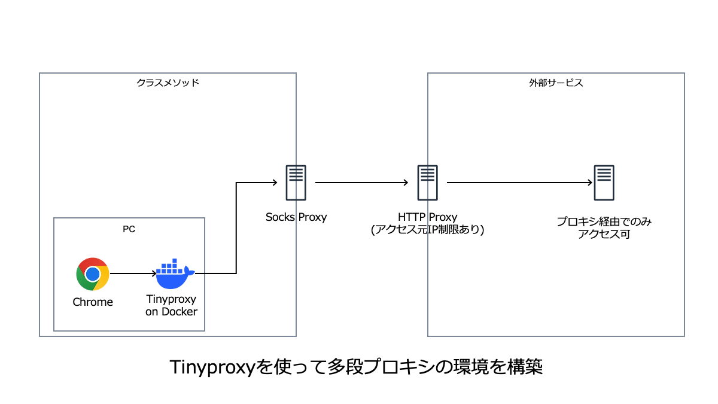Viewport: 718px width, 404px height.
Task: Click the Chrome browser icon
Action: pos(93,274)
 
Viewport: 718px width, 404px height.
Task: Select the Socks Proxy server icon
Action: pos(296,183)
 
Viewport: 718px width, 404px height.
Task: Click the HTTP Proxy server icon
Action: pos(427,183)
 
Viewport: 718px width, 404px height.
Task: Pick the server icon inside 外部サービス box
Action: pos(604,183)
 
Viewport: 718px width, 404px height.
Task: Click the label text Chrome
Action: pos(93,302)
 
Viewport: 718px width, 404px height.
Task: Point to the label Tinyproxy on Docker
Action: pos(171,305)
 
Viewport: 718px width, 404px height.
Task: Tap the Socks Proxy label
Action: pos(296,217)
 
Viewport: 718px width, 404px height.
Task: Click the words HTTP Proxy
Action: pos(427,217)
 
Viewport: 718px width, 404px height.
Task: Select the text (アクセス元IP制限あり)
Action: pos(427,229)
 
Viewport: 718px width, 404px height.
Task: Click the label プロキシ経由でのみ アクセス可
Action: pos(604,228)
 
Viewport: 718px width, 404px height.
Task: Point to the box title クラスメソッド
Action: pos(168,83)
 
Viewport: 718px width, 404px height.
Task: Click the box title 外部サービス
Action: pos(556,83)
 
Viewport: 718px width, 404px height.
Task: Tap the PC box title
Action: pos(129,228)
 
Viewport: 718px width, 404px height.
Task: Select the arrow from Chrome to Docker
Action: pos(132,274)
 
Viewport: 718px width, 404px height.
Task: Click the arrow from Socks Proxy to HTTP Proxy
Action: pos(361,183)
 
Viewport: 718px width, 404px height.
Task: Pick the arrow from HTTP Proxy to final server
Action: pos(518,183)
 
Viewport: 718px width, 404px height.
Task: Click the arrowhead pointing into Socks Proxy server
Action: pos(275,183)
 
